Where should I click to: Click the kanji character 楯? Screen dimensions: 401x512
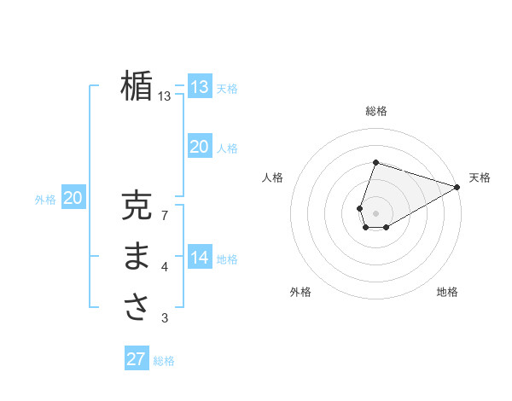[137, 86]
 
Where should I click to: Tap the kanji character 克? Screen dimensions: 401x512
[137, 206]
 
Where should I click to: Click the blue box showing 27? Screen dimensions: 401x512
[137, 359]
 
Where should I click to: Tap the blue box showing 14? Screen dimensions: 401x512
[200, 257]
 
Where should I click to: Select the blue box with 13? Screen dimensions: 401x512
[200, 86]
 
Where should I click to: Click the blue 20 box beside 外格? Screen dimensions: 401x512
[73, 199]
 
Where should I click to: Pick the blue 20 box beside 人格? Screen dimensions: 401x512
[200, 147]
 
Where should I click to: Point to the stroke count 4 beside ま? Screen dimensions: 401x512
[165, 268]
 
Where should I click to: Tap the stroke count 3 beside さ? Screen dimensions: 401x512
[165, 318]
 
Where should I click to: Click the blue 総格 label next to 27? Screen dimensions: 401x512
[164, 361]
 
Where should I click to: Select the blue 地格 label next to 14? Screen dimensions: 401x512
[227, 259]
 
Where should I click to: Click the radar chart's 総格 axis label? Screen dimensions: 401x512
[376, 111]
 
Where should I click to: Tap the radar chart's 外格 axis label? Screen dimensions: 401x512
[300, 292]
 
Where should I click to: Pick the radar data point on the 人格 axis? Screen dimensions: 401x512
[360, 207]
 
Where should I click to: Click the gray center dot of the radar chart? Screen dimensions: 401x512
[376, 212]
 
